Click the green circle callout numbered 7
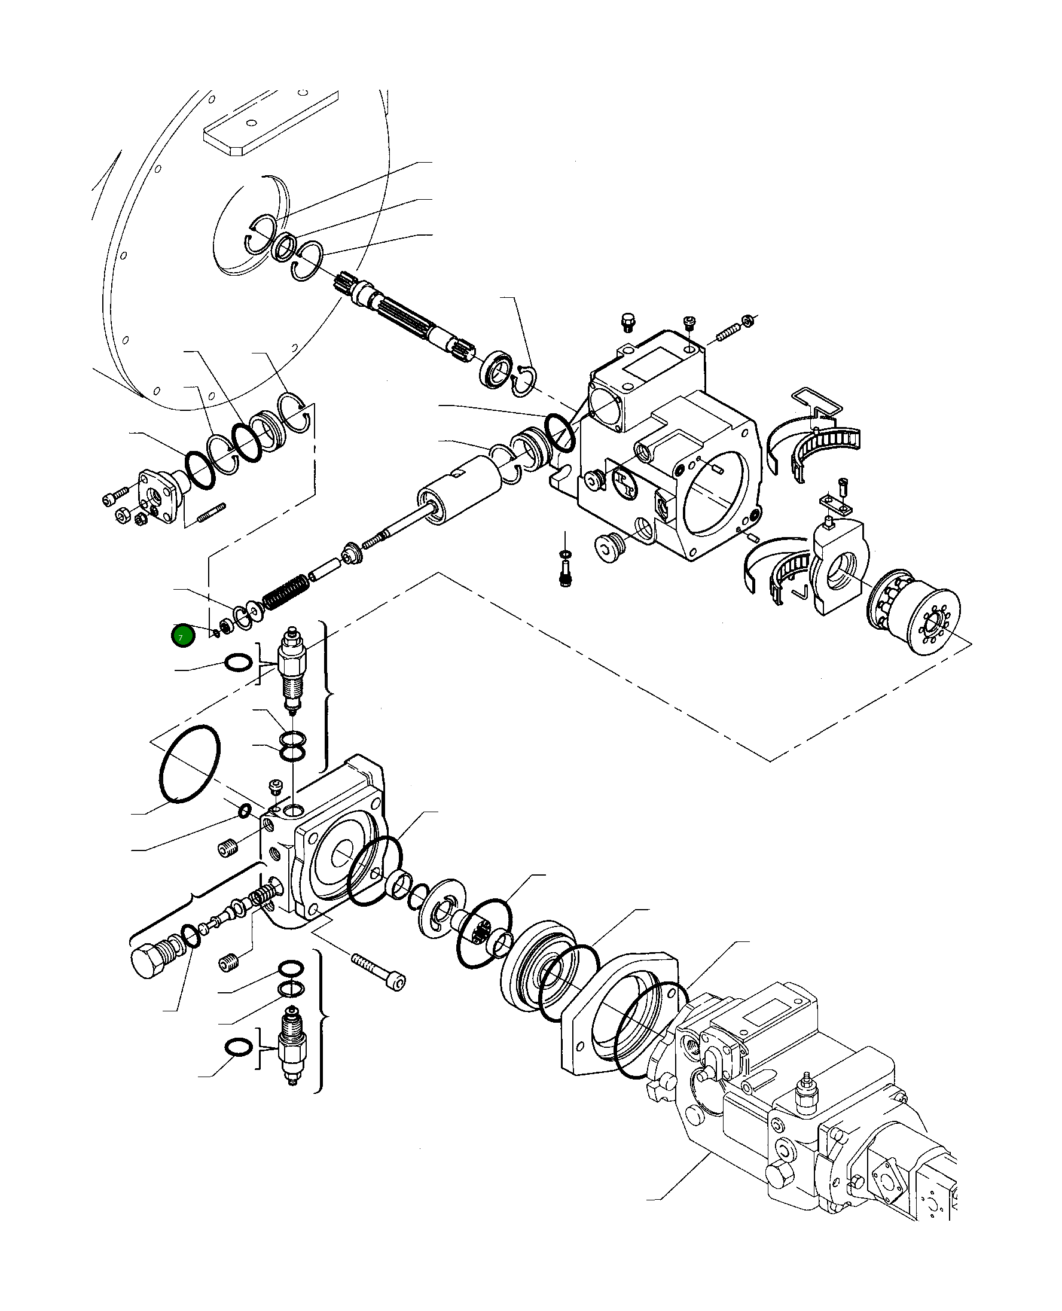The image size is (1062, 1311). pyautogui.click(x=183, y=636)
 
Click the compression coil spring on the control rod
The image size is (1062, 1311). pyautogui.click(x=285, y=592)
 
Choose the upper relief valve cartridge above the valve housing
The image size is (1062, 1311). pyautogui.click(x=291, y=668)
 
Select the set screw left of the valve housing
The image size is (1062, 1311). pyautogui.click(x=228, y=850)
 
